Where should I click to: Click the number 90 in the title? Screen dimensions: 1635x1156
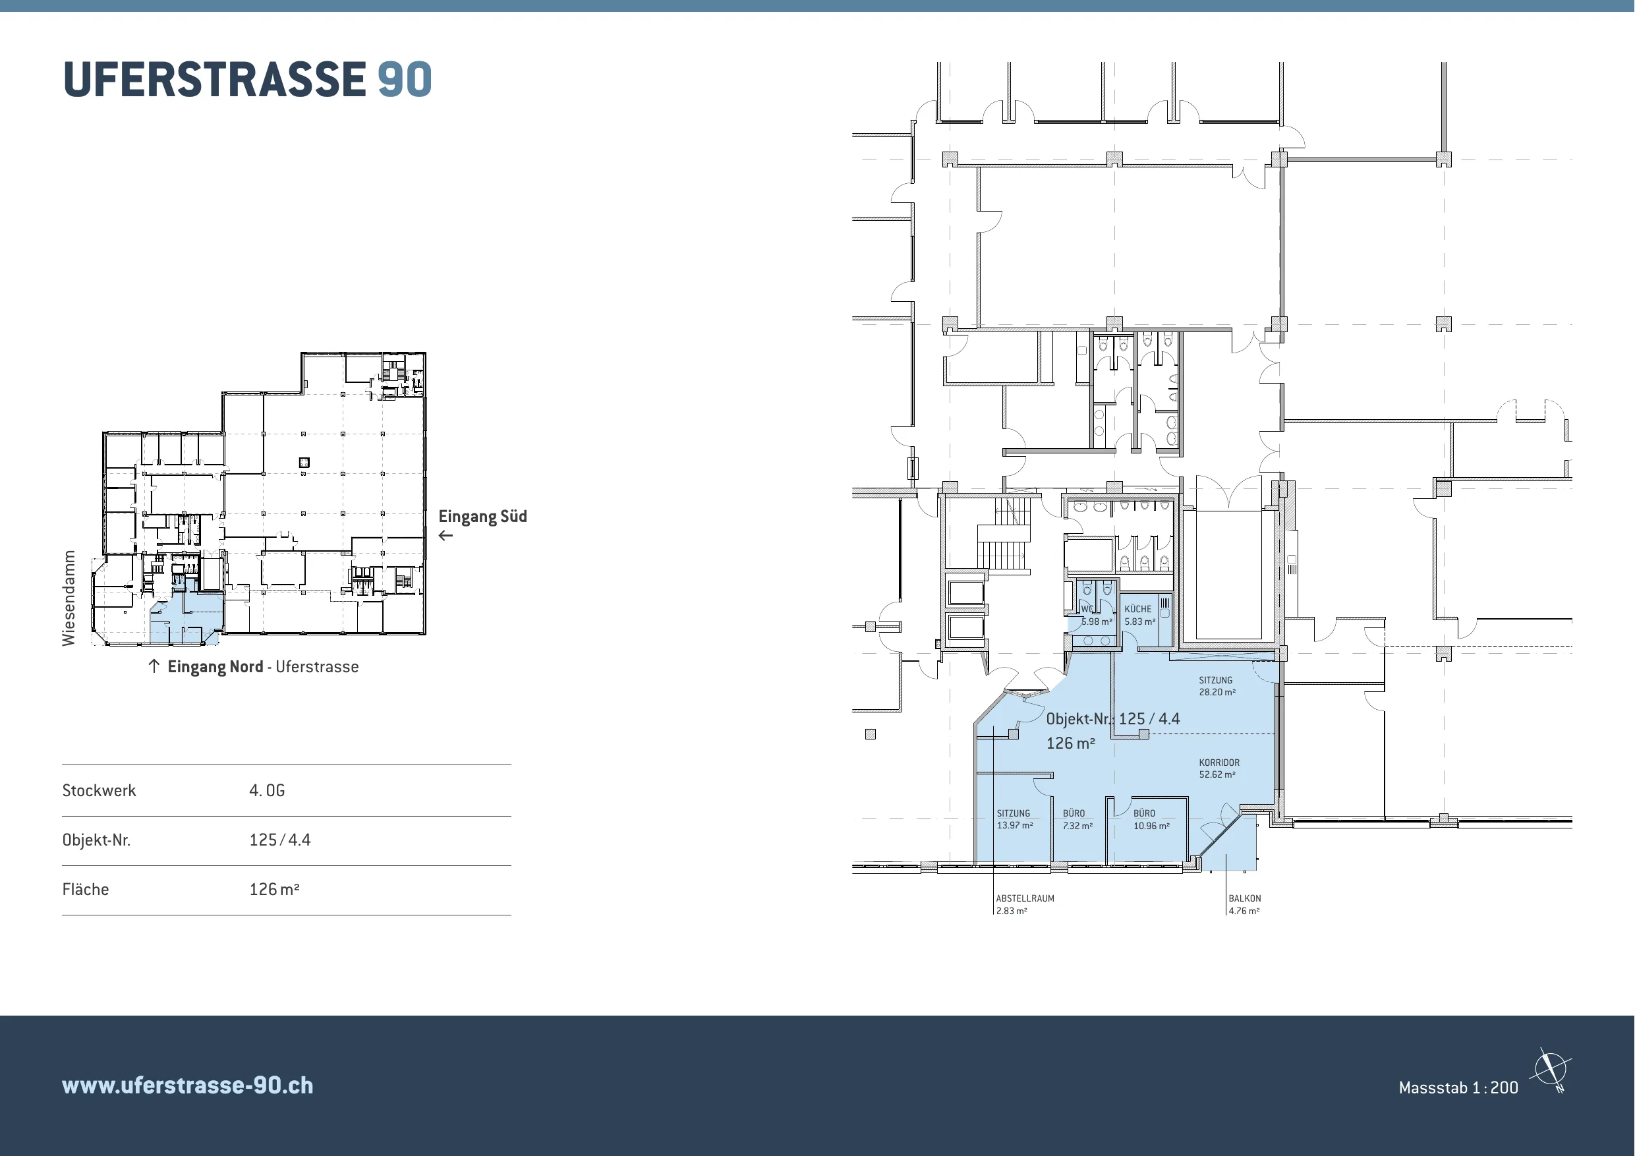(405, 79)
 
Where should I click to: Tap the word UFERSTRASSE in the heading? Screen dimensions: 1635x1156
(214, 79)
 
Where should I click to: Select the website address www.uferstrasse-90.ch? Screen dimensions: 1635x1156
(187, 1085)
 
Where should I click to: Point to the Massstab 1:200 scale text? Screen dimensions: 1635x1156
(1458, 1087)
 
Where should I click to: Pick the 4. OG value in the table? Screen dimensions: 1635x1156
(267, 791)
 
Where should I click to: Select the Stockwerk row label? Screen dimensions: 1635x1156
(99, 791)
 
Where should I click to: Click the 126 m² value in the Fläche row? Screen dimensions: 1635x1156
(274, 890)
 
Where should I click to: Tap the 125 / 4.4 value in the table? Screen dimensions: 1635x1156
(280, 840)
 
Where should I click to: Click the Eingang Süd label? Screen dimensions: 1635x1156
(483, 517)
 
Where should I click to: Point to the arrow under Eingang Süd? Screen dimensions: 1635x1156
(445, 536)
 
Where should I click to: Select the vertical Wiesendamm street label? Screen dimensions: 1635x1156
(69, 598)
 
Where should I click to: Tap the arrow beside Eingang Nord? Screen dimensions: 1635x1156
(154, 666)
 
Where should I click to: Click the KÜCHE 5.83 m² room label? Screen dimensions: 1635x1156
(1139, 616)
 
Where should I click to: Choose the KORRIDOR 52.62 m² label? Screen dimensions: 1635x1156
(1219, 768)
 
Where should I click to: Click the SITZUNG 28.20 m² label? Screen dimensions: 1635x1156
(1217, 686)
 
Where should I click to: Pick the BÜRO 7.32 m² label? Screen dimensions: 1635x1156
(1077, 820)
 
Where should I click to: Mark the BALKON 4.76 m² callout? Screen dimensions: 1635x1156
(1244, 905)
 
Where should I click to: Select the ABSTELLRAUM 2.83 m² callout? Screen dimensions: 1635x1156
(1025, 905)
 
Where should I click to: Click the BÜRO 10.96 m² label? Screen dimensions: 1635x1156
(1151, 820)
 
